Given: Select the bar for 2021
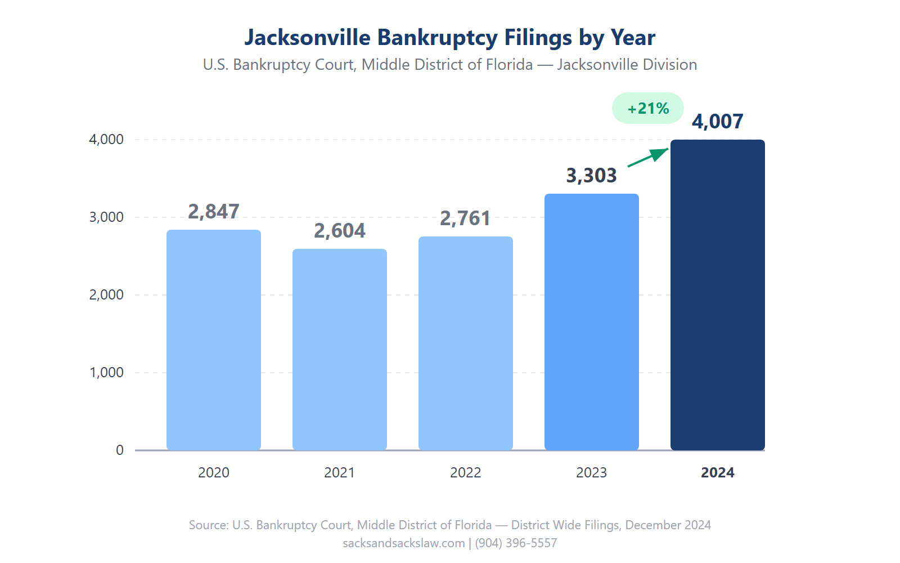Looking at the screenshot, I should (x=340, y=349).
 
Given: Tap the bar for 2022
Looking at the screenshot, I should (x=466, y=343).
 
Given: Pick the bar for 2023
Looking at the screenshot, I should (x=592, y=321).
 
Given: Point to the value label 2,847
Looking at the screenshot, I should (x=214, y=212).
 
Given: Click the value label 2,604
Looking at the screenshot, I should (x=340, y=231).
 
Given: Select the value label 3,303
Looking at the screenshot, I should (x=592, y=176).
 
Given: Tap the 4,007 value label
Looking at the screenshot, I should (x=718, y=122).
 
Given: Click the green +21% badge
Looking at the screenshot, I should (x=648, y=108).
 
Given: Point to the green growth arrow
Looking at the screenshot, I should (x=648, y=157).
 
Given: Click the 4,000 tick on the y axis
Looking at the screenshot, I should (x=106, y=140).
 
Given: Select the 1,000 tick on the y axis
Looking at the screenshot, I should (x=106, y=373).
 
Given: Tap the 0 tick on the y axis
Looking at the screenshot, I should (x=120, y=450).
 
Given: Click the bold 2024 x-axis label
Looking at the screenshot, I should (x=718, y=473).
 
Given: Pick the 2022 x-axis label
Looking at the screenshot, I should (x=466, y=473).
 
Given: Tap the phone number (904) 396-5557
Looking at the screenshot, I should (x=516, y=543).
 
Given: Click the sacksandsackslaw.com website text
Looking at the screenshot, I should (x=404, y=543).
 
